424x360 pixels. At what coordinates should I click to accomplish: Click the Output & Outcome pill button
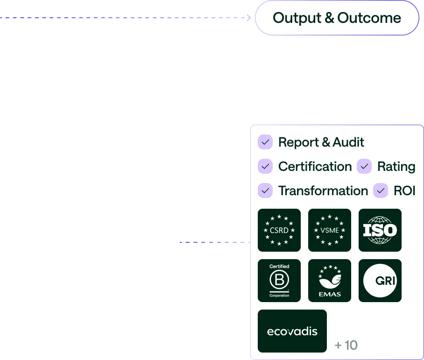coord(336,18)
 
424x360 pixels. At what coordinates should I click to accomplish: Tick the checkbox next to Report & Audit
coord(265,142)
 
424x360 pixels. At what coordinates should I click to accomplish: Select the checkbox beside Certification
coord(265,166)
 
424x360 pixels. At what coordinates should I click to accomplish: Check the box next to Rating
coord(364,166)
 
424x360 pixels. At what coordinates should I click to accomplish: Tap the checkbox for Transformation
coord(265,191)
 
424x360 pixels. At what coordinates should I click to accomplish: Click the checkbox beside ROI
coord(381,191)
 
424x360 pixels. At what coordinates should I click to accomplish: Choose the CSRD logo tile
coord(279,230)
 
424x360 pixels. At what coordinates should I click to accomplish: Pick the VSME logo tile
coord(330,230)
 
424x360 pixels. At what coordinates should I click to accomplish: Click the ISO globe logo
coord(380,230)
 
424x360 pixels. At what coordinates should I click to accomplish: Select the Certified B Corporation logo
coord(279,281)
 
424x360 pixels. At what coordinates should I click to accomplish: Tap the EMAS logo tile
coord(330,281)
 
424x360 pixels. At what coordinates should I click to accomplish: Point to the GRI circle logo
coord(380,281)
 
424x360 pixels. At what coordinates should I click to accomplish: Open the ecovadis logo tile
coord(292,331)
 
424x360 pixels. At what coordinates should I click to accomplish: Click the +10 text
coord(346,346)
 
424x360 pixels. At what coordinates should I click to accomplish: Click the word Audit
coord(348,142)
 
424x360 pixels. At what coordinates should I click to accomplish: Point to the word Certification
coord(315,167)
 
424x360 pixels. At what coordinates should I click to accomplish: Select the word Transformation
coord(323,191)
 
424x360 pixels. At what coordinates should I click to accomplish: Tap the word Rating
coord(396,167)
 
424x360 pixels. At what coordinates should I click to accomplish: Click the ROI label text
coord(404,191)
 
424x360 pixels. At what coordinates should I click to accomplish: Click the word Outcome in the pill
coord(369,18)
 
